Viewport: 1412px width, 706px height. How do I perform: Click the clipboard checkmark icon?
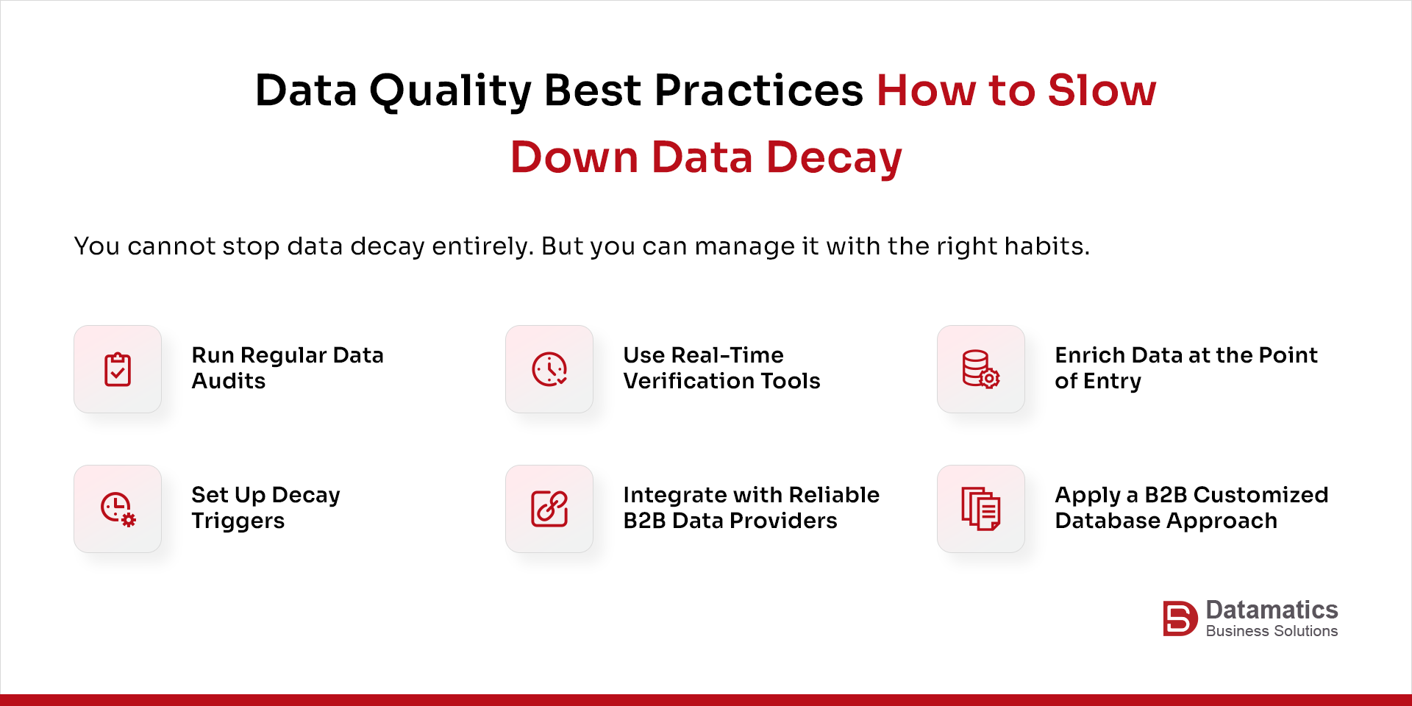pos(118,369)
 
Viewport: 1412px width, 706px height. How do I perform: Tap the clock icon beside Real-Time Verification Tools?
pos(549,369)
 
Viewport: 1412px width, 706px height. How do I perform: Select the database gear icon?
pos(980,369)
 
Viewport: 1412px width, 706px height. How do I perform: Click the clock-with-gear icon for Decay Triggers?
pos(118,509)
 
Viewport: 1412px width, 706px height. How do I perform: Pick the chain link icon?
pos(549,509)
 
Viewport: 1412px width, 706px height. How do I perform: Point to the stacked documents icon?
pos(980,509)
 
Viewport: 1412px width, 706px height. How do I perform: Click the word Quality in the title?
pos(450,91)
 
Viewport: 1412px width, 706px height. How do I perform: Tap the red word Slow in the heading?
pos(1102,91)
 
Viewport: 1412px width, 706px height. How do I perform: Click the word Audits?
pos(229,381)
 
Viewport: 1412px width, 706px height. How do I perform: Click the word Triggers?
pos(238,521)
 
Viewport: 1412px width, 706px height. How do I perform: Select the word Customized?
pos(1261,495)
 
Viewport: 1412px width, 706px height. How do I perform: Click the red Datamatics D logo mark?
pos(1179,618)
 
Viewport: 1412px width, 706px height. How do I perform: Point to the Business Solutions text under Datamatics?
pos(1272,631)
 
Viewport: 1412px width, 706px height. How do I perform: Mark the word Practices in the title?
pos(758,91)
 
